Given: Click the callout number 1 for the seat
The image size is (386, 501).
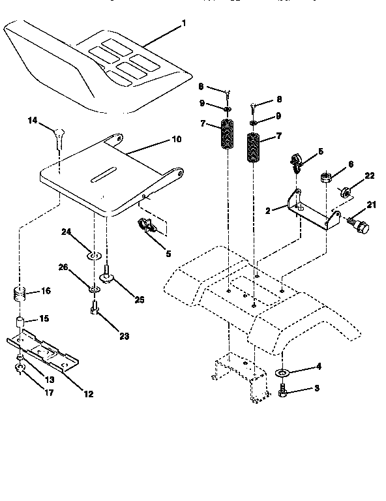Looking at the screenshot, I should pyautogui.click(x=183, y=24).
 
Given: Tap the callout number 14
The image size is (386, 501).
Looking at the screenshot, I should pyautogui.click(x=32, y=120).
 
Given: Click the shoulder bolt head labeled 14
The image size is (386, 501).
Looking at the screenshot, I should pyautogui.click(x=58, y=134).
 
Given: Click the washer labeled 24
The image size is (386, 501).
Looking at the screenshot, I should pyautogui.click(x=93, y=252).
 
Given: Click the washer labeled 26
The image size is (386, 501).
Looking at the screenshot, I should pyautogui.click(x=93, y=287).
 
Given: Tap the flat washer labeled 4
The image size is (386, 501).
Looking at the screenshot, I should pyautogui.click(x=283, y=373).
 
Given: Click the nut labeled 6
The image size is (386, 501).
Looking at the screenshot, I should pyautogui.click(x=325, y=177).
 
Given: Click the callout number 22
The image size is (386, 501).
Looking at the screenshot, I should pyautogui.click(x=369, y=176).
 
